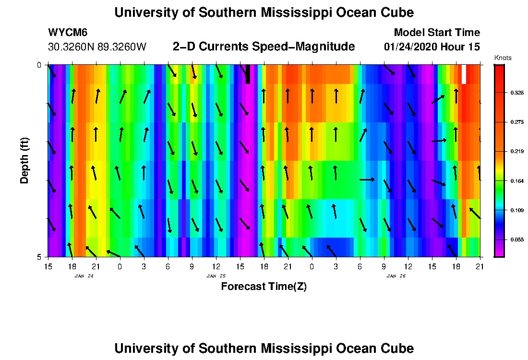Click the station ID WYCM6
(68, 33)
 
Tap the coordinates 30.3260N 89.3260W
(97, 47)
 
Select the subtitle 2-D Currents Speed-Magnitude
(264, 47)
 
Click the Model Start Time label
(436, 33)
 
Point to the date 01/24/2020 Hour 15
(432, 47)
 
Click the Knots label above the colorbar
(503, 58)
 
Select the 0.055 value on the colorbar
(517, 240)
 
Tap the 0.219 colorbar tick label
(517, 152)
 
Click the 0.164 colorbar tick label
(517, 181)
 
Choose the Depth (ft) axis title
(25, 161)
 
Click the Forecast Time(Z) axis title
(264, 287)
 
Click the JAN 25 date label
(216, 276)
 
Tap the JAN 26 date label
(396, 276)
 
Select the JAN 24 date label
(84, 276)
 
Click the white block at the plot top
(464, 74)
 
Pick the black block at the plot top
(248, 74)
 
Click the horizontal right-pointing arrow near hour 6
(367, 180)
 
